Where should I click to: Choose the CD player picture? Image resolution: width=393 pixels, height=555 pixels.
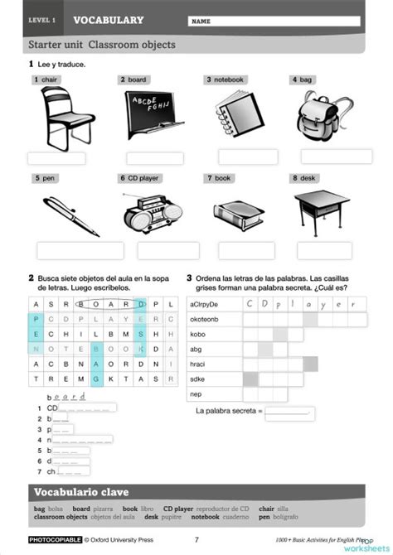(149, 213)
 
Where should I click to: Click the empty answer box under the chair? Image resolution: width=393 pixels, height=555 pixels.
(56, 158)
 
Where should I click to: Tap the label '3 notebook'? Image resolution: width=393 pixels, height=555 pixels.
(226, 80)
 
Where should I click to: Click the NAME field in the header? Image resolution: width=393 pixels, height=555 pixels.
(274, 21)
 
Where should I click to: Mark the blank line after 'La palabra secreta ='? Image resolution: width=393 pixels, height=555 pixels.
(289, 412)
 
